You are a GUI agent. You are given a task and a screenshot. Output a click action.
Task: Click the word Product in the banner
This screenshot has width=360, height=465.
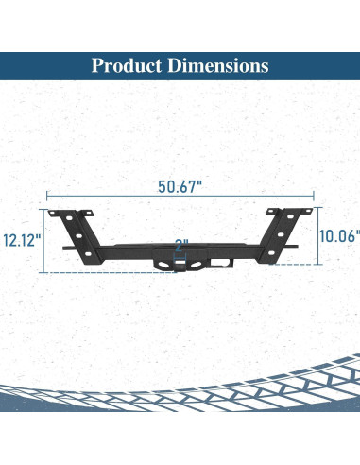pyautogui.click(x=127, y=66)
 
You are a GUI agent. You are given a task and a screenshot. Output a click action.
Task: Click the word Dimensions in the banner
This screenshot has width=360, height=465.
pyautogui.click(x=218, y=65)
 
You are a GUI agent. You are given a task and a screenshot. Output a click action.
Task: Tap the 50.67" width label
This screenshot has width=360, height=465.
pyautogui.click(x=180, y=186)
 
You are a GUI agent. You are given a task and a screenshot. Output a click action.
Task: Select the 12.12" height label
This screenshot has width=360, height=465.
pyautogui.click(x=23, y=240)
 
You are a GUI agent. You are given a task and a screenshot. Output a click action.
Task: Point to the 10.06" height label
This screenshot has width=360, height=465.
pyautogui.click(x=340, y=236)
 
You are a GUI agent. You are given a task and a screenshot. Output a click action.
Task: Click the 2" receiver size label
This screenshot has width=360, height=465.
pyautogui.click(x=181, y=246)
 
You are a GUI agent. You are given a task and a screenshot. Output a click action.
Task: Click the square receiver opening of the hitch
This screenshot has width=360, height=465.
pyautogui.click(x=180, y=262)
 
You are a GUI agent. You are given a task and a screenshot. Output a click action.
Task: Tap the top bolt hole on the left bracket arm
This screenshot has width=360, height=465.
pyautogui.click(x=69, y=218)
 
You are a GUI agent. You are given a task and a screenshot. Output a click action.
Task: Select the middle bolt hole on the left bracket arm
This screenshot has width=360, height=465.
pyautogui.click(x=78, y=236)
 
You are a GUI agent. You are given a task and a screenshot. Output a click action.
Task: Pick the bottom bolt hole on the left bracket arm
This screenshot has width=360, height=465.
pyautogui.click(x=88, y=254)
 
